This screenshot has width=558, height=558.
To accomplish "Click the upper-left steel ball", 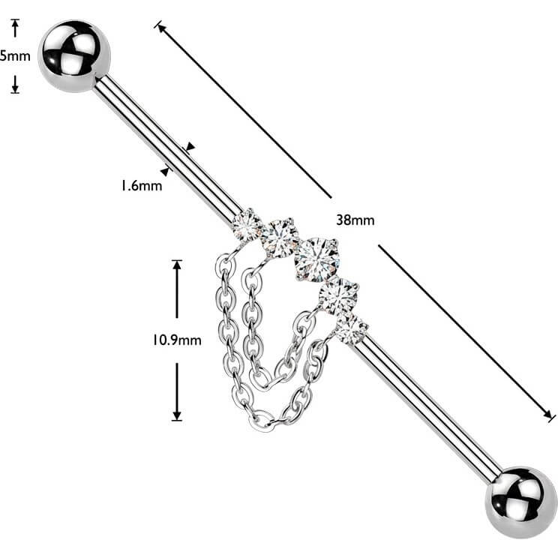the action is click(x=74, y=56).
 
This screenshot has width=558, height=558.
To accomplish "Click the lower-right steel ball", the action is click(x=520, y=502).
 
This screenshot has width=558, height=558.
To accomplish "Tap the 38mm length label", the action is click(x=355, y=220).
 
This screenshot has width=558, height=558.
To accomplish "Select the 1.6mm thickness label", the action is click(x=142, y=185).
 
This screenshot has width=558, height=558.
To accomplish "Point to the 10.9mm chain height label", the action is click(x=177, y=340).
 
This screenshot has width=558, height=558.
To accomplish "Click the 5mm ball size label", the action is click(x=15, y=56).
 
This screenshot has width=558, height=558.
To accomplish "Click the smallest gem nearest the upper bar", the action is click(x=246, y=224).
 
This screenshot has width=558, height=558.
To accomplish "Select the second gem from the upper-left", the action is click(x=280, y=237).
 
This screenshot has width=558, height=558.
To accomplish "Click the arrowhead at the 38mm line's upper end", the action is click(x=160, y=28).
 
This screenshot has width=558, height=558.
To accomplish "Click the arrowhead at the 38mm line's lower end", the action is click(x=548, y=415).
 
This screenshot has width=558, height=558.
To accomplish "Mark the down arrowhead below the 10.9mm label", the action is click(x=177, y=415).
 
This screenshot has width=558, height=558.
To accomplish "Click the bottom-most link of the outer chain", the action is click(x=262, y=421).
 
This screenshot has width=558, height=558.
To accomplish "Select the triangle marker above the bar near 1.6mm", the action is click(x=190, y=146).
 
